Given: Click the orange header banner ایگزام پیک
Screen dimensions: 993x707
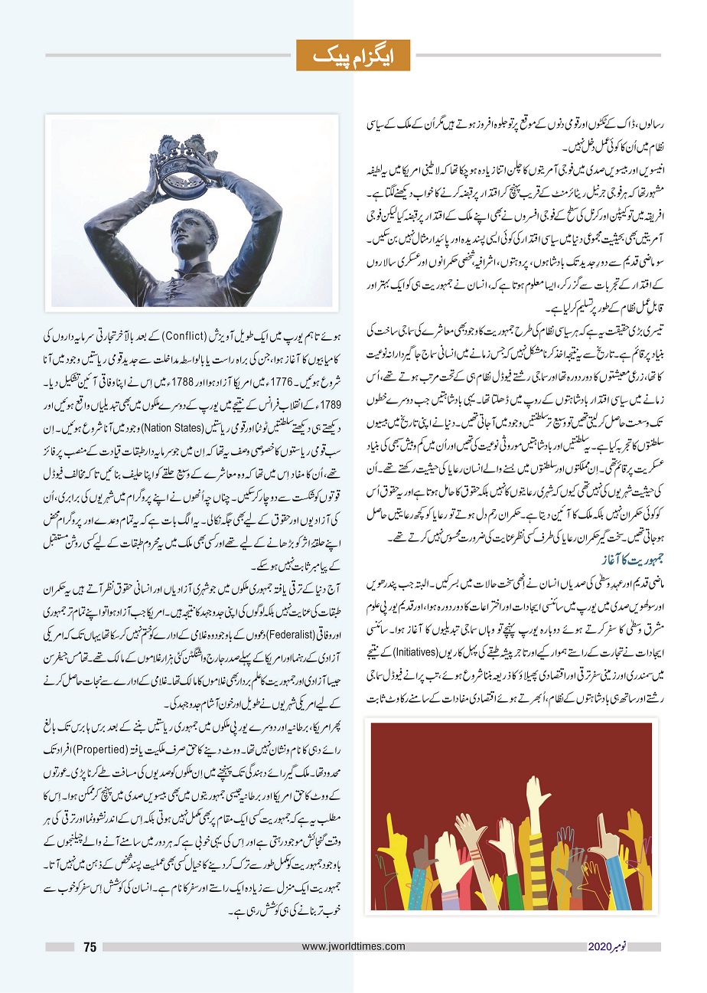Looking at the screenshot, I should (x=353, y=54).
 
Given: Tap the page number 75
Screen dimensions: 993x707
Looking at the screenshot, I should (x=90, y=947).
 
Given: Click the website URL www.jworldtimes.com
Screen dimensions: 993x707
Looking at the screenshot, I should (x=353, y=947).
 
